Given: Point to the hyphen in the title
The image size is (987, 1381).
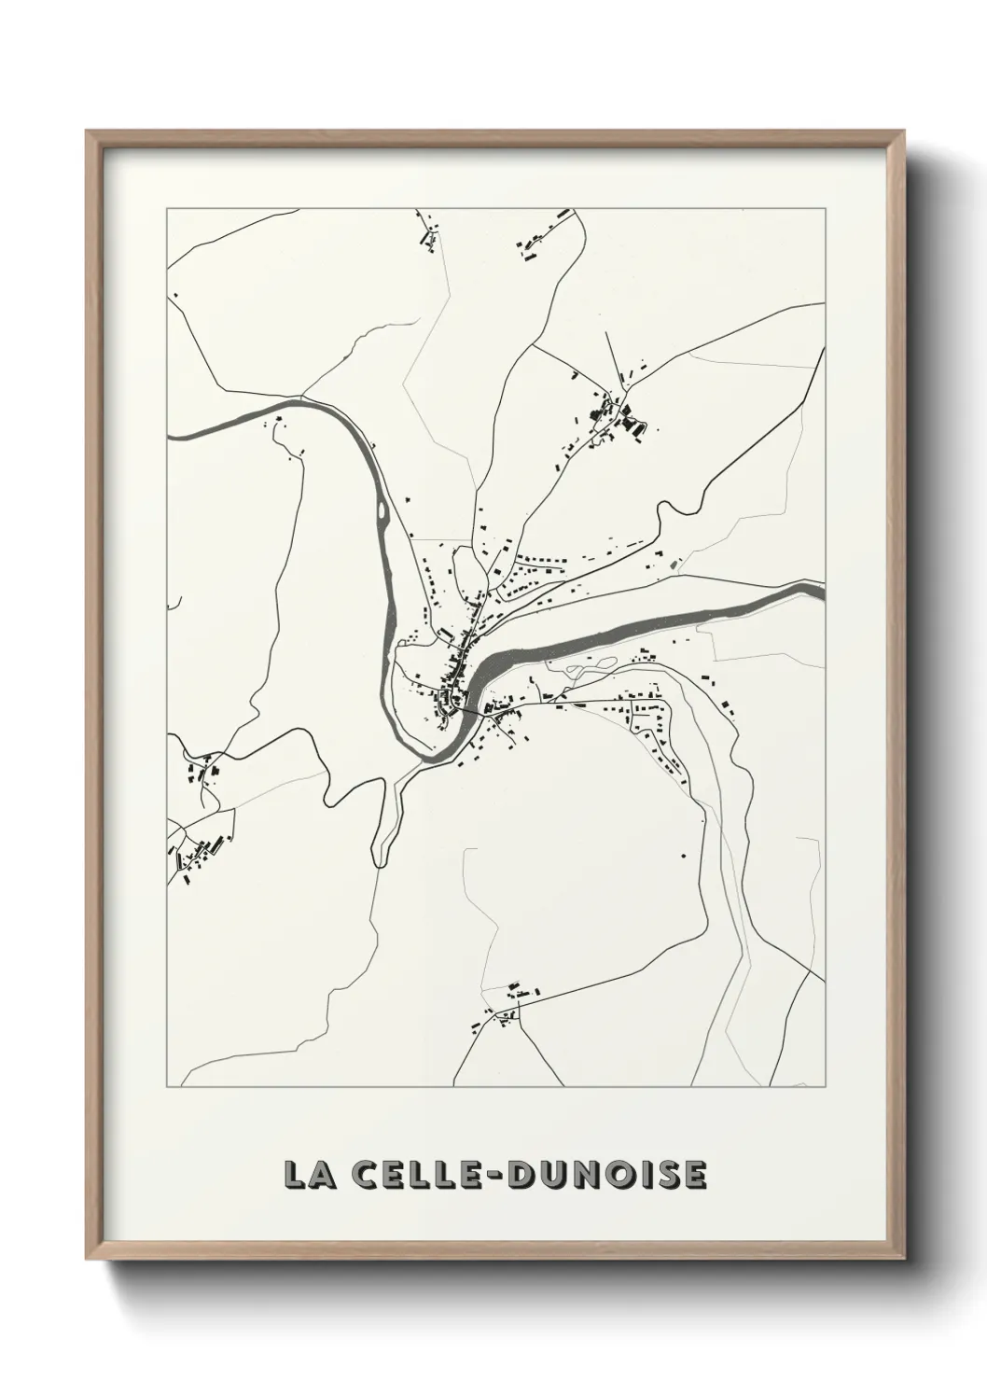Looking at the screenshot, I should pyautogui.click(x=494, y=1176).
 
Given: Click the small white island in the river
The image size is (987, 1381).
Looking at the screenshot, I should pyautogui.click(x=382, y=510).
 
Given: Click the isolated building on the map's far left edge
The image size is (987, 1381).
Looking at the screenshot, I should pyautogui.click(x=174, y=296).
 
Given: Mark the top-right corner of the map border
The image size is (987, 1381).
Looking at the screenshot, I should pyautogui.click(x=825, y=209).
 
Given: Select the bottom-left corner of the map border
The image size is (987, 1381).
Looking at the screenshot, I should pyautogui.click(x=167, y=1087).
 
